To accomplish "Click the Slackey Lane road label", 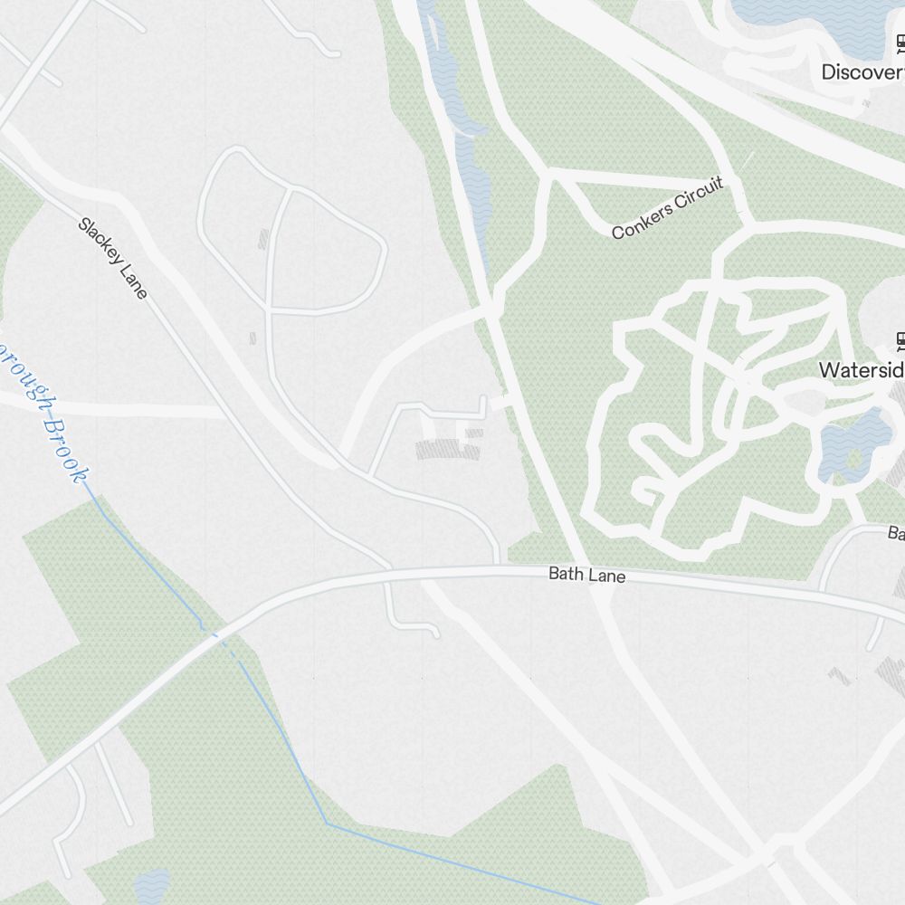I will tap(112, 258).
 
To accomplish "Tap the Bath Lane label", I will tap(586, 575).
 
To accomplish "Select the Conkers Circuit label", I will tap(668, 210).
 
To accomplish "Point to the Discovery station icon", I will tap(901, 43).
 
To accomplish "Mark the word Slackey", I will tap(98, 239).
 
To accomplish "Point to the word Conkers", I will tap(640, 223).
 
